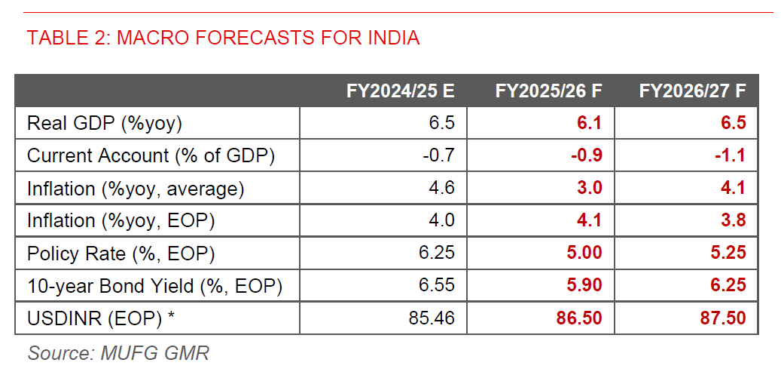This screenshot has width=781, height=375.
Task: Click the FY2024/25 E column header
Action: point(400,91)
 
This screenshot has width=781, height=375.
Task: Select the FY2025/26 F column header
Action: point(548,91)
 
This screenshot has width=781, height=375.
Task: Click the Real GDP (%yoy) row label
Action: point(105,124)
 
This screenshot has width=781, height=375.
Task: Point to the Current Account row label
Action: point(151,156)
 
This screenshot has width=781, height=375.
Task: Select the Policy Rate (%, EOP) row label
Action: point(121,254)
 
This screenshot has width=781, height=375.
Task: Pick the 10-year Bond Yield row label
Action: point(154,286)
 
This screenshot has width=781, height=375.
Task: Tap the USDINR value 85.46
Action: point(430,318)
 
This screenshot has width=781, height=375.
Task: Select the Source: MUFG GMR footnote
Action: point(118,352)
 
